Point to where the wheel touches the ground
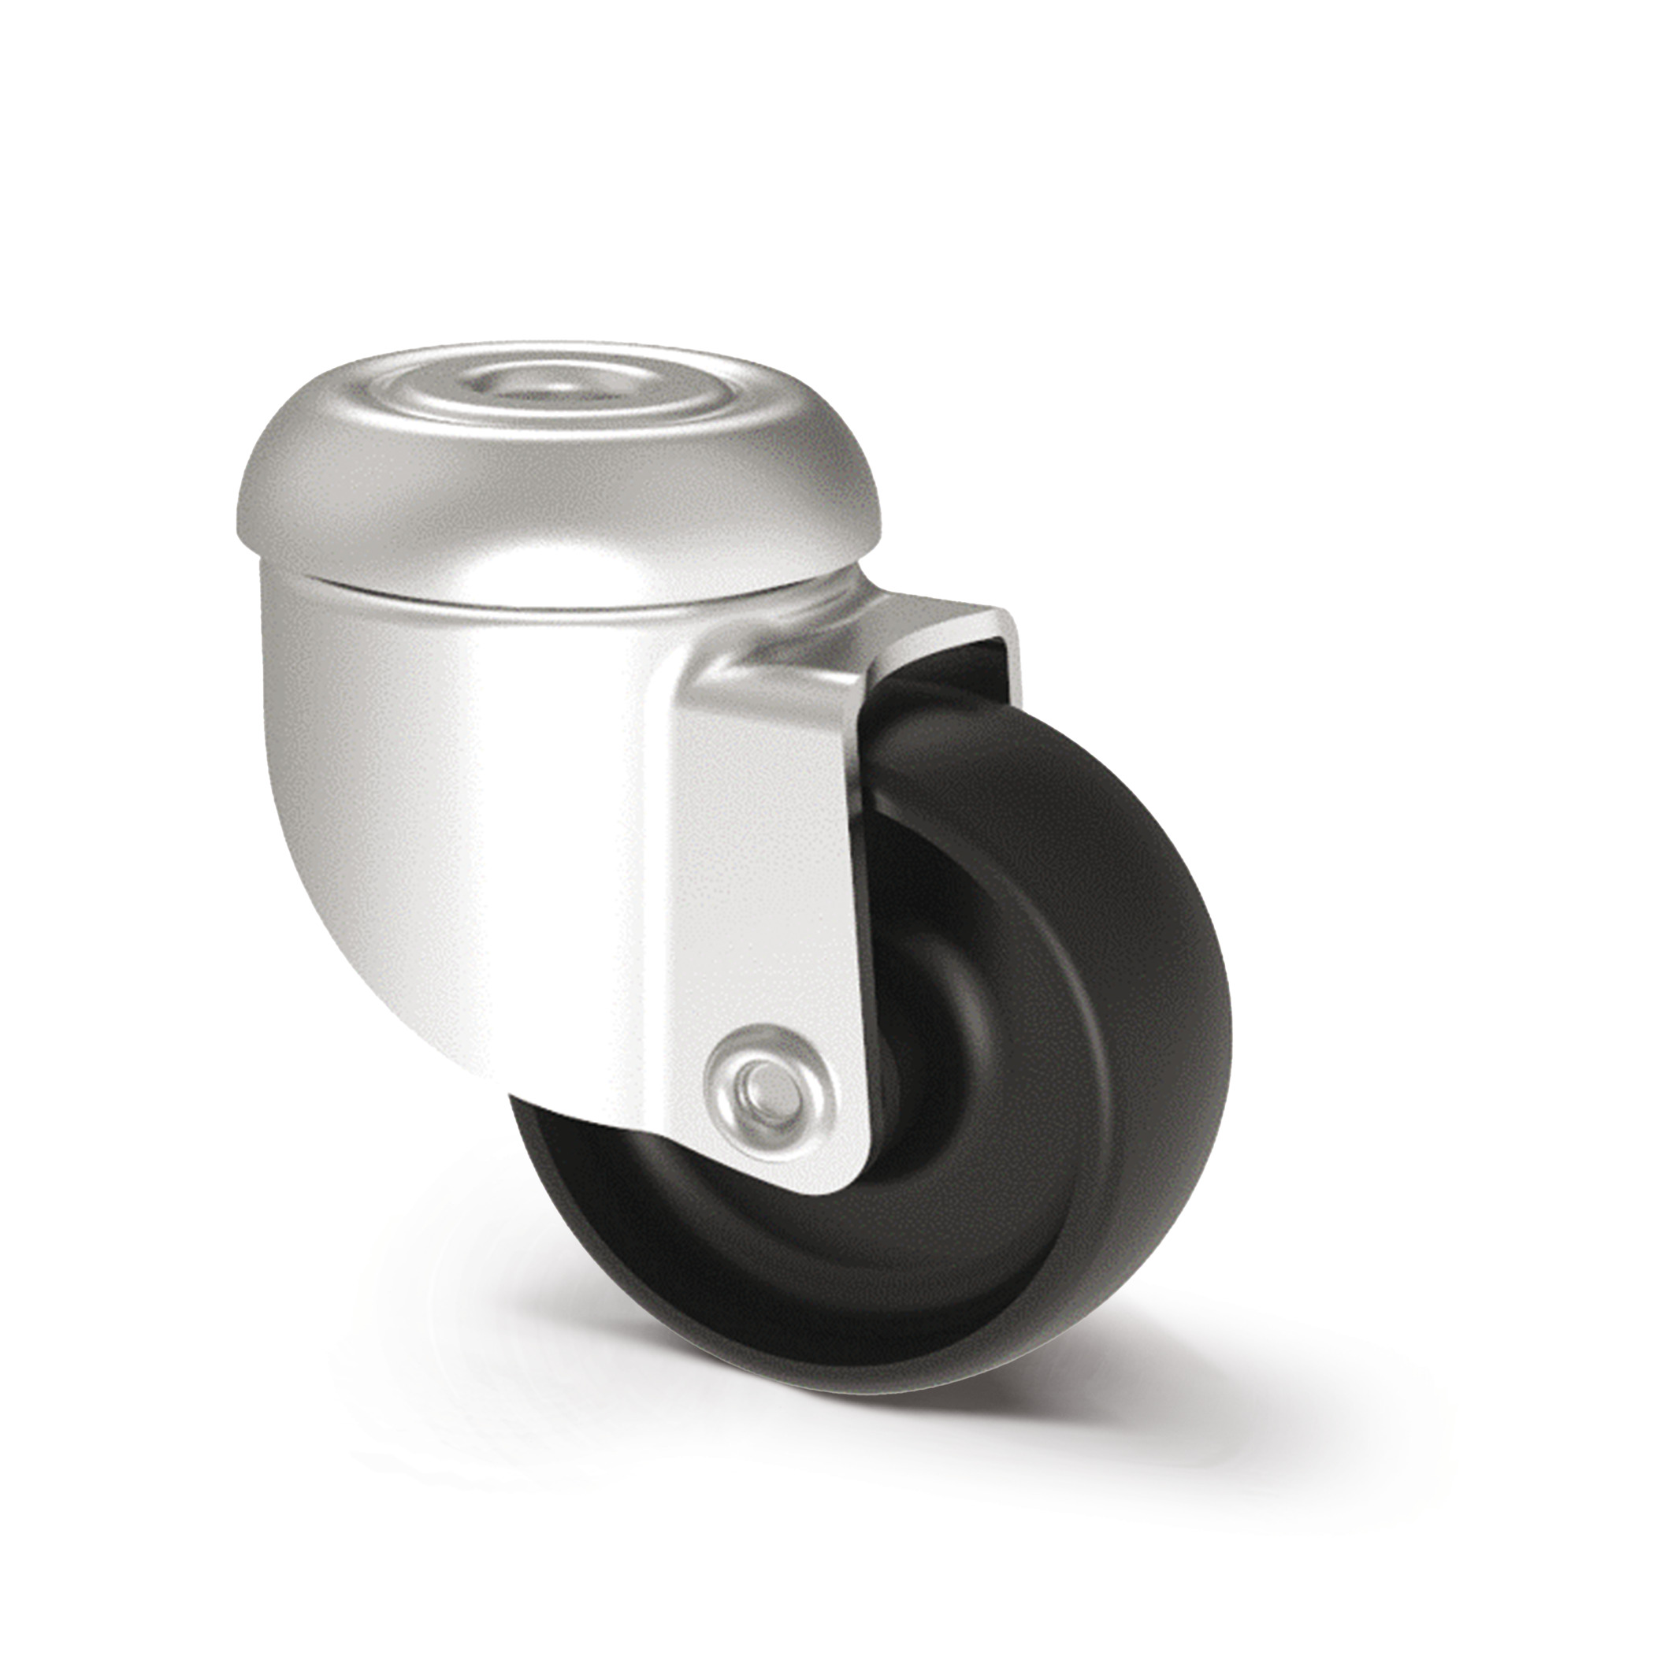point(867,1379)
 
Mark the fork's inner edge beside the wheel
point(867,953)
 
